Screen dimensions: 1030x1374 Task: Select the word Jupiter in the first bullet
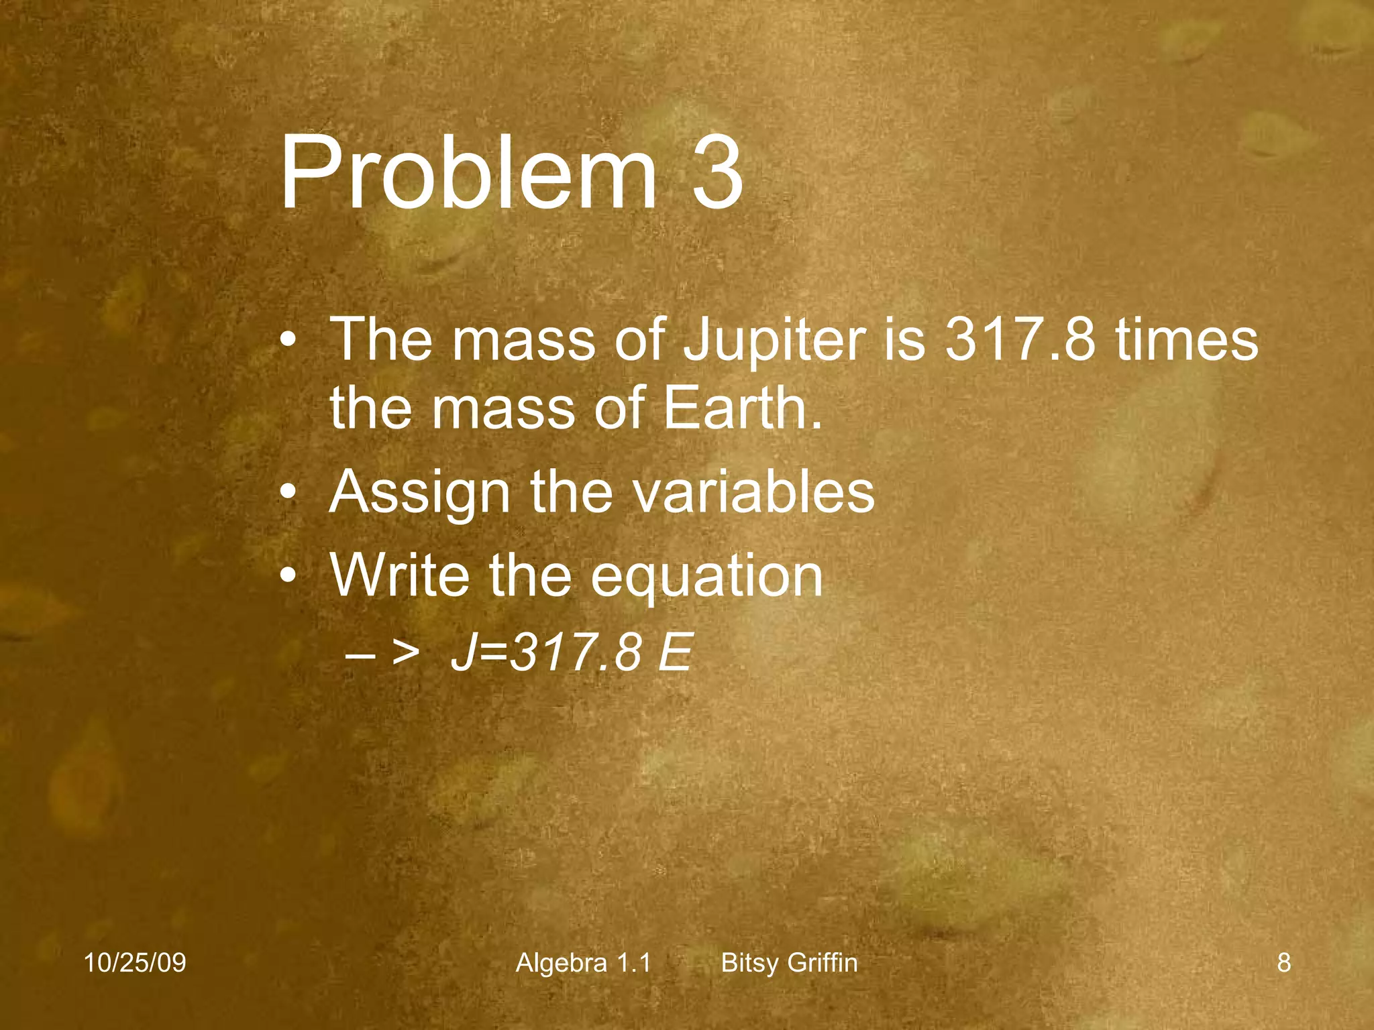pos(774,340)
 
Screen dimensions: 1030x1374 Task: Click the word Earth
pos(741,408)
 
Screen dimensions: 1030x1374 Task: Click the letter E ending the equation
pos(674,652)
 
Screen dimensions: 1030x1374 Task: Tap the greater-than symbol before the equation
pos(406,652)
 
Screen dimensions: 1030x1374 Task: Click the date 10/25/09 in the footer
pos(135,963)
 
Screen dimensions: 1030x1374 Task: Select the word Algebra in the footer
pos(562,963)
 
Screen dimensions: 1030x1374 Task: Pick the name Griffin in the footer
pos(823,963)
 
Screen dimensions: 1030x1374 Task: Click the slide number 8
pos(1283,963)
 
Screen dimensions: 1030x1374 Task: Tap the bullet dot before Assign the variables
pos(288,493)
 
